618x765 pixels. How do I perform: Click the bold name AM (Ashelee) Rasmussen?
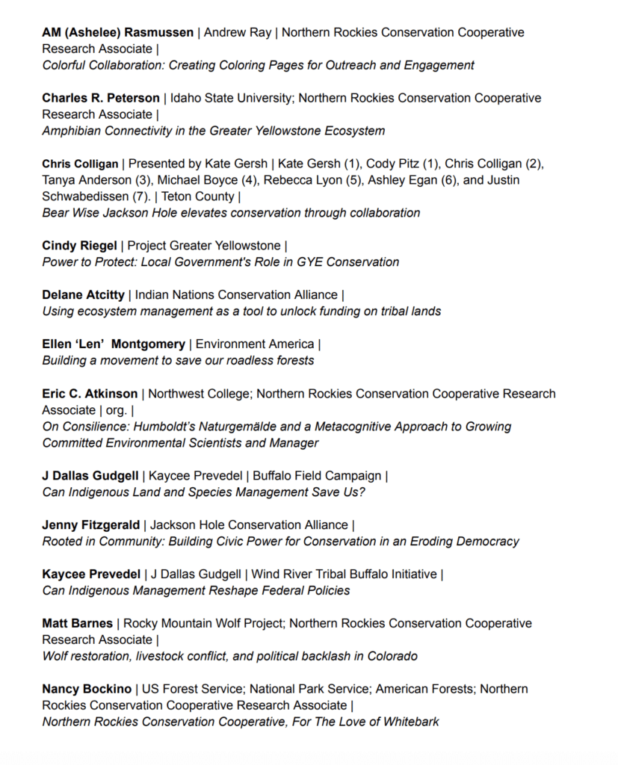coord(117,33)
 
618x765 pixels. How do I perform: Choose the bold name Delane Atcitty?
coord(83,295)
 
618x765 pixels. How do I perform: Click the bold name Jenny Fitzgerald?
coord(90,525)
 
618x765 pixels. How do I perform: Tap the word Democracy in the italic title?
coord(487,542)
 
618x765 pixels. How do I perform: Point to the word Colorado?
coord(392,657)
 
